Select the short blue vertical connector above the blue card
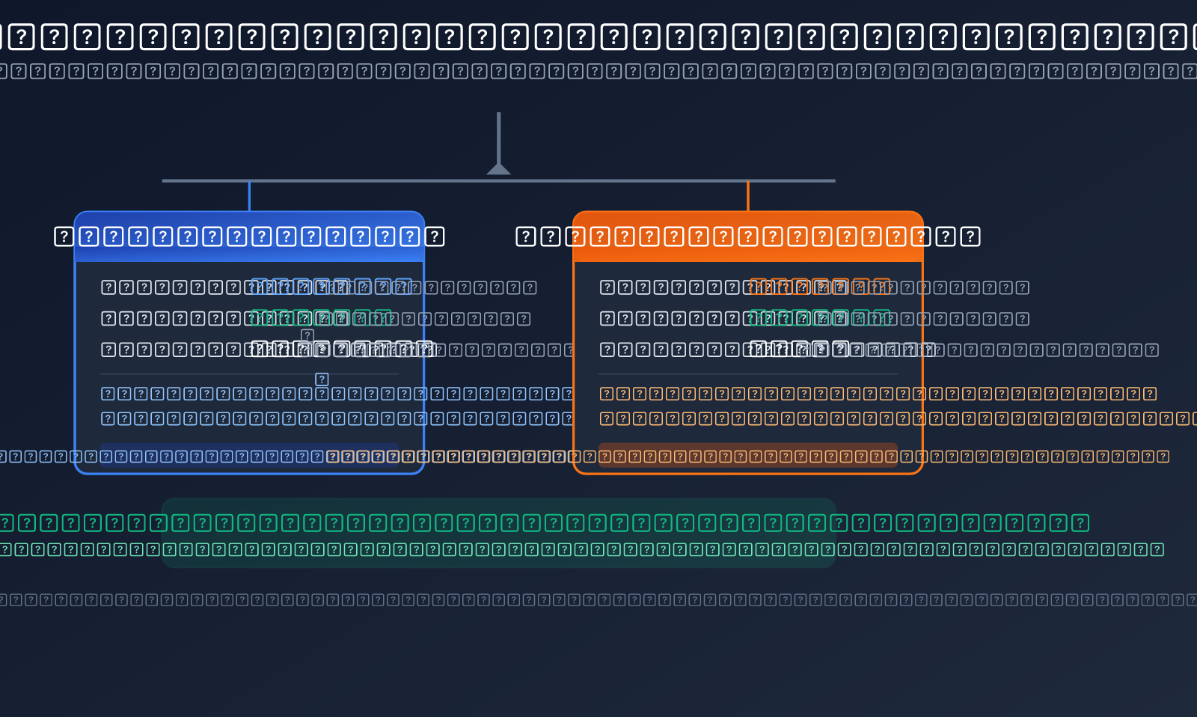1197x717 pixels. [249, 196]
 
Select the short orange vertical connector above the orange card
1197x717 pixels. [748, 196]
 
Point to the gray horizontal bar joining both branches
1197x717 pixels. [374, 180]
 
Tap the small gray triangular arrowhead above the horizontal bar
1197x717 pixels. [498, 169]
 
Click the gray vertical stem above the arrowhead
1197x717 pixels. [498, 135]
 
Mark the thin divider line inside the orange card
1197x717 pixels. [748, 373]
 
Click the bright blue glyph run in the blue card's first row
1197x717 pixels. [331, 287]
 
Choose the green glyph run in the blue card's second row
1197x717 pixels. [322, 318]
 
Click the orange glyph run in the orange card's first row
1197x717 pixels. [820, 287]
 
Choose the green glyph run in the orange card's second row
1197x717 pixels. [820, 318]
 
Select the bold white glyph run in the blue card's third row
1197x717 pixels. [342, 349]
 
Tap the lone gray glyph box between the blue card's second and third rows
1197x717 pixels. [307, 335]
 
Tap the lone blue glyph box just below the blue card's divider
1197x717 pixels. [322, 379]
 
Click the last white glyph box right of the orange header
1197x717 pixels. [970, 237]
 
